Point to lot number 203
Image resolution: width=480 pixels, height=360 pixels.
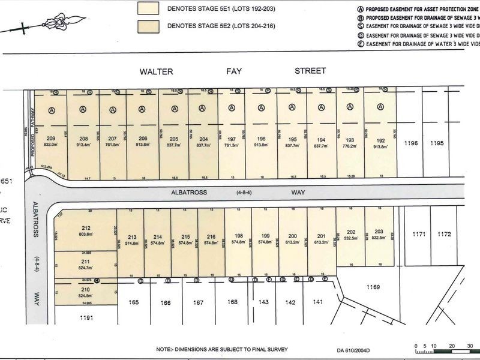379,232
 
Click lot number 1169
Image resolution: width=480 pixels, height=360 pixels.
374,287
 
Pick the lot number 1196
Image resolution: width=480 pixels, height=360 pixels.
410,143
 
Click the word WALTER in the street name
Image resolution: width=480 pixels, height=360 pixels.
156,71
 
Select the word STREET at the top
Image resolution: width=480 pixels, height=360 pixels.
310,71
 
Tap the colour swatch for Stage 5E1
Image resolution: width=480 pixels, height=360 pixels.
148,8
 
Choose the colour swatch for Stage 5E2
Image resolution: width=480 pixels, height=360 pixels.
148,26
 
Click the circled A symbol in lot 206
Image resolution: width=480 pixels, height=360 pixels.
142,110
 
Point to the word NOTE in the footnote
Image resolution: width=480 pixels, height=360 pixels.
163,349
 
